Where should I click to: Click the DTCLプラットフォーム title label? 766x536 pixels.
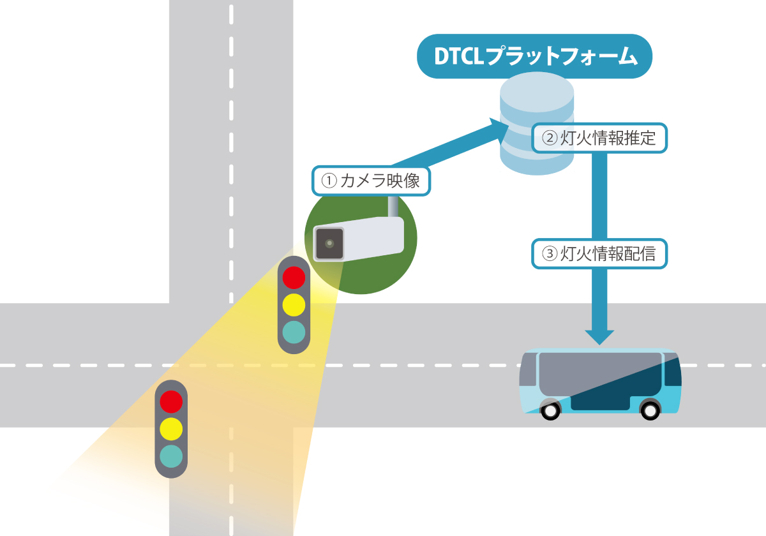534,56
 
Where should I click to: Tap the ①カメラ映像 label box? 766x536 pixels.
372,181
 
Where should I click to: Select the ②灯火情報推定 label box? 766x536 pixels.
598,138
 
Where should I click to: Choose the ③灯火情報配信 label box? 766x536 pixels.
599,254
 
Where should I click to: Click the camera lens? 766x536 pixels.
329,243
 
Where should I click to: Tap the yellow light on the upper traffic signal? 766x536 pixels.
294,305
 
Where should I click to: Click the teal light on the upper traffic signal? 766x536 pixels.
294,332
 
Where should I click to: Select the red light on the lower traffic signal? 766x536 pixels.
171,401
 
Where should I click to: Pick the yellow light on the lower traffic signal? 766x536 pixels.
171,428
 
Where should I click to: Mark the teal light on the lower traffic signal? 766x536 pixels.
171,455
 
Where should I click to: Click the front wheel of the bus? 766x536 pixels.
550,409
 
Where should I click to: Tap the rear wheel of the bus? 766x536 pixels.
650,409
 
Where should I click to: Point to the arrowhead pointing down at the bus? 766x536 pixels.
599,336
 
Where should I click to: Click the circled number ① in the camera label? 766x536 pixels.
328,181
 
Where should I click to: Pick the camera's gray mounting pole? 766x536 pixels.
394,206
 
